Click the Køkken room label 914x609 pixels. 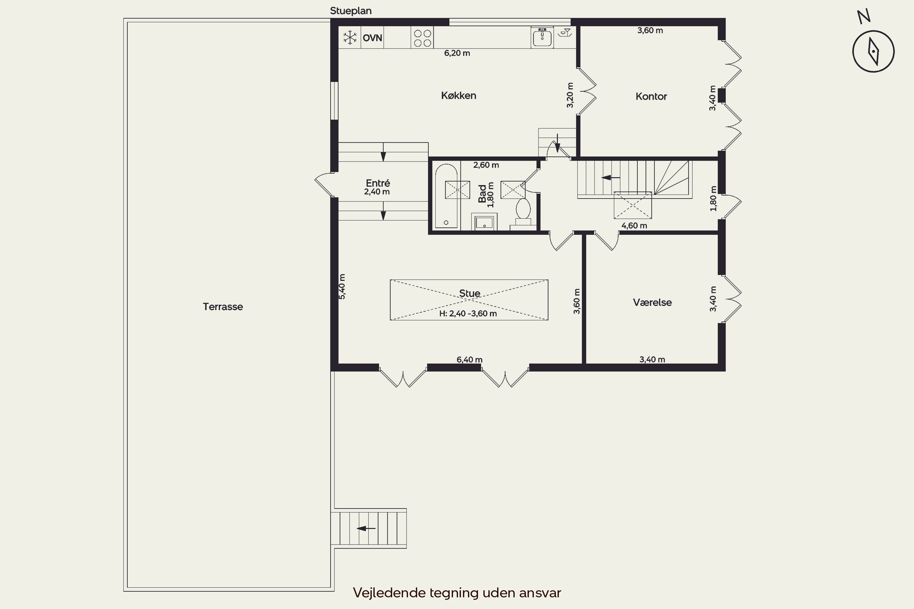459,96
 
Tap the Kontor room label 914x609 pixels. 651,96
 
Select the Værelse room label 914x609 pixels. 653,302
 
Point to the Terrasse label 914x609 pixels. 223,306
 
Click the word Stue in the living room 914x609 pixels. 469,293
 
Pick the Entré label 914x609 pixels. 378,183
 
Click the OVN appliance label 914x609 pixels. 372,38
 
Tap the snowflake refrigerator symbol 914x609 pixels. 350,38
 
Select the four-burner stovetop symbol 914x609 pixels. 422,38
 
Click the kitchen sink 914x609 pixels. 542,37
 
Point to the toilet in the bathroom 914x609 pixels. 523,212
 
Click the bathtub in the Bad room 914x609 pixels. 446,196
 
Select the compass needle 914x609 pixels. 873,51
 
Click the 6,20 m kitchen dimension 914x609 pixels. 457,53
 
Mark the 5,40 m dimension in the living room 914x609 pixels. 342,287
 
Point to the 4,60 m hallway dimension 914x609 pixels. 634,226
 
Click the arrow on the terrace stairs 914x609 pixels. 366,528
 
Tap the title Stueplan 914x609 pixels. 351,11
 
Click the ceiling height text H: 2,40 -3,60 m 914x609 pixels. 468,313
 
